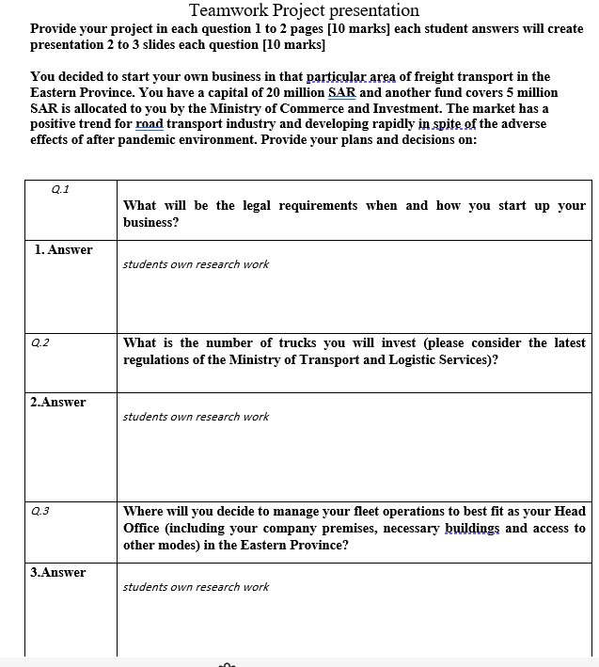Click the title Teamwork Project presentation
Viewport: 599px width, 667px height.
point(304,10)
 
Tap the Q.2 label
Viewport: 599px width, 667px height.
point(39,342)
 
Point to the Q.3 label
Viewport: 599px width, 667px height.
point(39,511)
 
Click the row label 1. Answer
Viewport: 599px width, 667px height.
point(63,249)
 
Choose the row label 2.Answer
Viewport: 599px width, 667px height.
point(58,402)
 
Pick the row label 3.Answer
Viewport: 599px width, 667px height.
point(58,572)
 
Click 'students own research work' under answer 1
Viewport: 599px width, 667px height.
point(196,264)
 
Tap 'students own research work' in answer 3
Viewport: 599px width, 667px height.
point(196,587)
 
